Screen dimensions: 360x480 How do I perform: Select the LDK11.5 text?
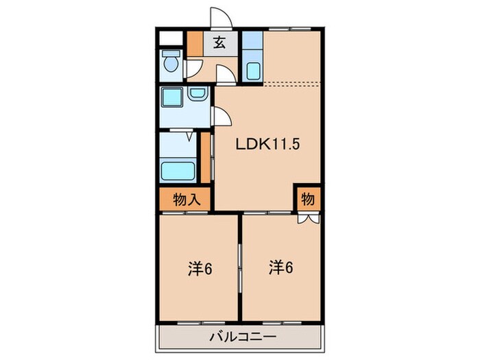point(267,145)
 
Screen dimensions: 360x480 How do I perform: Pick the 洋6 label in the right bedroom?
point(281,267)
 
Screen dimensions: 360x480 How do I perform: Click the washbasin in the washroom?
point(197,96)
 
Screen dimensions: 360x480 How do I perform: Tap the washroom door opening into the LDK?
point(221,117)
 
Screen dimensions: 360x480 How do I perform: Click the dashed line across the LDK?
point(291,83)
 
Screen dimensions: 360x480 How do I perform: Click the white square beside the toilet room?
point(170,38)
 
